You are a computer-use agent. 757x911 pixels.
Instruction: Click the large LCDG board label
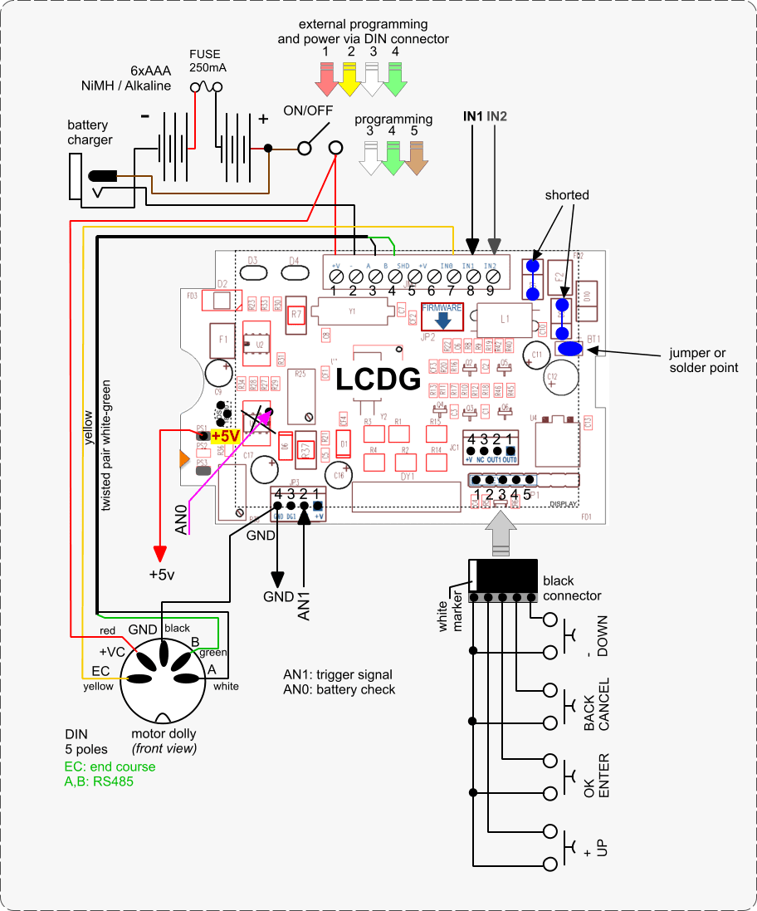378,380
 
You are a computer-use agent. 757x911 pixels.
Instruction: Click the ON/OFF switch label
307,111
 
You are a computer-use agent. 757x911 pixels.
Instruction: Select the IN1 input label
472,116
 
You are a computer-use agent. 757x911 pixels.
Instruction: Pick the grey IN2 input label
496,116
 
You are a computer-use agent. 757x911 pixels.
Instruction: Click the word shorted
567,194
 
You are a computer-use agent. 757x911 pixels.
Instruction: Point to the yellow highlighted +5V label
225,435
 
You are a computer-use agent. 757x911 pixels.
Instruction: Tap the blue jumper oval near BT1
569,349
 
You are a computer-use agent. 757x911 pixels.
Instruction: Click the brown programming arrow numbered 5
414,155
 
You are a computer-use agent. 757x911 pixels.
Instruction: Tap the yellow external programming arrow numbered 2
350,78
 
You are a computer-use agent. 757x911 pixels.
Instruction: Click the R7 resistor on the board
296,315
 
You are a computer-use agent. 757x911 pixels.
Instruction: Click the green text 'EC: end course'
109,767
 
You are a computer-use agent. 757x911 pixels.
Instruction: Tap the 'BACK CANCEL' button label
596,705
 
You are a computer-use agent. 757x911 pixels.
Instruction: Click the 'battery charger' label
90,132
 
